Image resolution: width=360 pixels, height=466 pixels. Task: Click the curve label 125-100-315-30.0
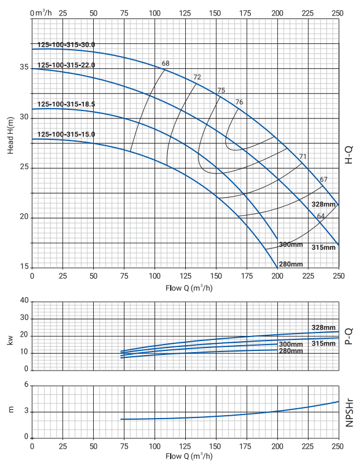click(66, 45)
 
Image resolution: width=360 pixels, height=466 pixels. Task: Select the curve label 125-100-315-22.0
click(66, 65)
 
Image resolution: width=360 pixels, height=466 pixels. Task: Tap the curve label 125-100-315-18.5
click(66, 104)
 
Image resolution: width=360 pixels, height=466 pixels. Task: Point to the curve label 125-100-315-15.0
click(66, 134)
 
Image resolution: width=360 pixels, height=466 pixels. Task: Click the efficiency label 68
click(166, 63)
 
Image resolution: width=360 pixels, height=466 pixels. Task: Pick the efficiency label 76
click(239, 102)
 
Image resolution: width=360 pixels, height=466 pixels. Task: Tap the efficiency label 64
click(321, 216)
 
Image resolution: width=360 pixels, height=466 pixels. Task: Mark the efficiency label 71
click(303, 157)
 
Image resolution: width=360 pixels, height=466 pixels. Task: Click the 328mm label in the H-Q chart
click(323, 205)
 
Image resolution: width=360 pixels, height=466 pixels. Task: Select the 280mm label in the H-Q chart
click(291, 264)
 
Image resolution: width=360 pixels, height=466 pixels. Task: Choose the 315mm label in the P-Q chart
click(324, 343)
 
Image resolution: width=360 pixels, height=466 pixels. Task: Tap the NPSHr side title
click(350, 412)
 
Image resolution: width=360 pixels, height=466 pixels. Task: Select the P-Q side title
click(349, 336)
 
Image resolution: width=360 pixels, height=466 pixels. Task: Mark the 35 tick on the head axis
click(24, 68)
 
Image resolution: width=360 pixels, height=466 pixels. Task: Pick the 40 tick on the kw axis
click(24, 301)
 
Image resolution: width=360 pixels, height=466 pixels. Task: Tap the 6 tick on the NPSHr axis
click(25, 385)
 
